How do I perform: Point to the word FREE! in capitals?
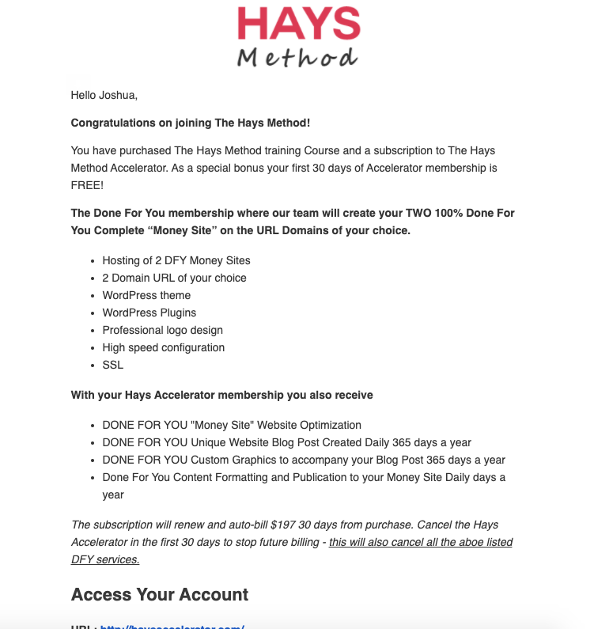coord(87,184)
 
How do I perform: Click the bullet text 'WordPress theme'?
coord(146,295)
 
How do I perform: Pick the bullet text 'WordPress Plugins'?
coord(149,313)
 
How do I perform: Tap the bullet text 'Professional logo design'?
coord(162,330)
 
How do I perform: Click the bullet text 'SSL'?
coord(113,365)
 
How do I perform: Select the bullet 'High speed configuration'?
coord(163,347)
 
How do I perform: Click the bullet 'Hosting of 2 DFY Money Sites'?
coord(176,260)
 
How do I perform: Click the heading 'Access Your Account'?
coord(160,595)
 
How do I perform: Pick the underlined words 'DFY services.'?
coord(105,559)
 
